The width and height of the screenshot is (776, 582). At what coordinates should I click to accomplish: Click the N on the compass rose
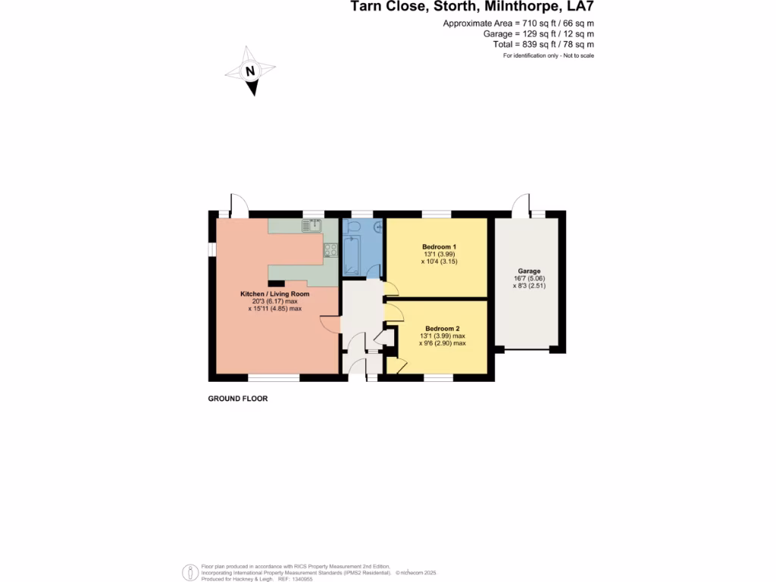(250, 72)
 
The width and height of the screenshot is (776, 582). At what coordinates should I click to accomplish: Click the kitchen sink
(312, 225)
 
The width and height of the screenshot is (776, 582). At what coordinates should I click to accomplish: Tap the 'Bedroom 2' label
(443, 329)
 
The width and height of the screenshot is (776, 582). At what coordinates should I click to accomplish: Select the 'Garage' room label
(529, 271)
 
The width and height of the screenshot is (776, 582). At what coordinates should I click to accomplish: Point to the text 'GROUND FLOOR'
(238, 399)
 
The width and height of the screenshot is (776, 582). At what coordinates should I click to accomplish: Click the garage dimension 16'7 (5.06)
(529, 278)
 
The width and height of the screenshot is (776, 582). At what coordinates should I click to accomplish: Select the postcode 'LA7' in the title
(577, 8)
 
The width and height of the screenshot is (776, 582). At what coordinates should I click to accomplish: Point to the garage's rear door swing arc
(520, 203)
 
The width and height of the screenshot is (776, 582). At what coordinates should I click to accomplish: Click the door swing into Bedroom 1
(392, 289)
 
